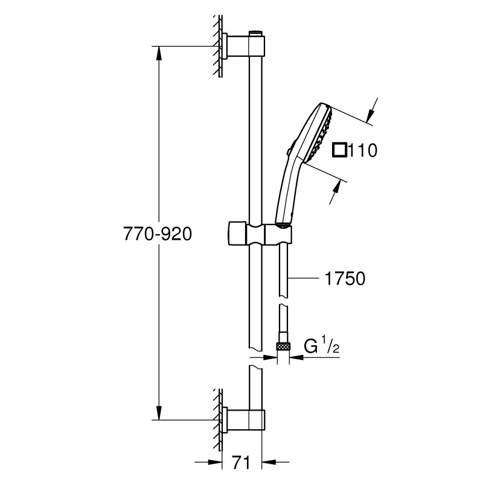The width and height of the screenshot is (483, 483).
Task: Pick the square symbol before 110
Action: pos(340,149)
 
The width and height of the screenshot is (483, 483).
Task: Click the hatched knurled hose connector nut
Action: pos(283,347)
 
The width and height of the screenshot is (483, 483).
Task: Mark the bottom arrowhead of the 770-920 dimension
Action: pos(159,413)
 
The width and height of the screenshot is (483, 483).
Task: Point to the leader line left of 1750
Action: pos(305,278)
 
